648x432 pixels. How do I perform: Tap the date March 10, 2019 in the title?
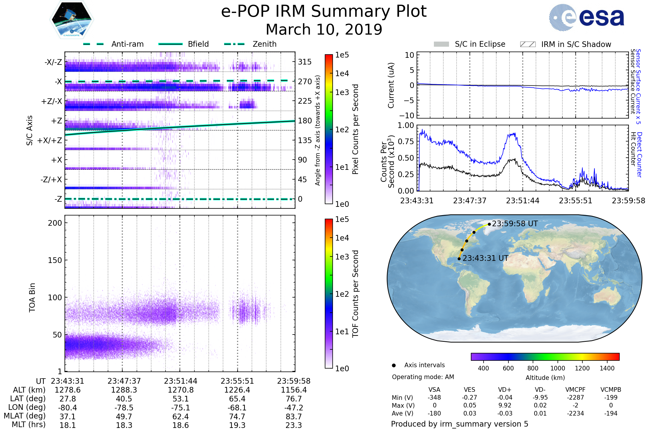coord(324,29)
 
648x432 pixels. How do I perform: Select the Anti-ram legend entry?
coord(127,44)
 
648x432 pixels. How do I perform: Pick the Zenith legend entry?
coord(265,44)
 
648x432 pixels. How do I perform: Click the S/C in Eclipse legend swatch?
coord(441,44)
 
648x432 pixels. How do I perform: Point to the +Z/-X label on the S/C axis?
coord(52,102)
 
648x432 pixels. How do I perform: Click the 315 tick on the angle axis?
coord(305,62)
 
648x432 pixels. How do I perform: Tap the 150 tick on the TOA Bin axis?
coord(55,260)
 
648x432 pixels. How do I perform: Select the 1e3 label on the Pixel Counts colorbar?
coord(342,93)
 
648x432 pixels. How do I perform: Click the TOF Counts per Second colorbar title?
coord(356,294)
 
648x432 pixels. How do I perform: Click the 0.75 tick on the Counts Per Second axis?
coord(406,141)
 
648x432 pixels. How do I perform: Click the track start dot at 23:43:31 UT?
coord(459,259)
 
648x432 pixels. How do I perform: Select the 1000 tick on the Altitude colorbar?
coord(558,368)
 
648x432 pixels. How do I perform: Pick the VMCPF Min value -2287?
coord(575,397)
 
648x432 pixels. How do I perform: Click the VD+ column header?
coord(505,390)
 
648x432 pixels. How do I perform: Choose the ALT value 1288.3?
coord(124,390)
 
